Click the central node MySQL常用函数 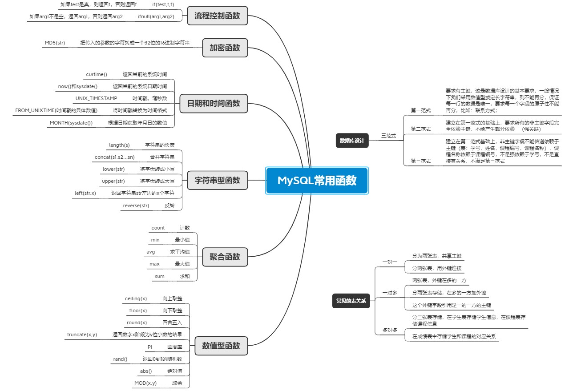317,181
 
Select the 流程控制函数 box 217,16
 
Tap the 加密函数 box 225,48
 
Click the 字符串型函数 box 217,180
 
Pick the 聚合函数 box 225,257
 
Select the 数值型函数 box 221,346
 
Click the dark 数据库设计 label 352,141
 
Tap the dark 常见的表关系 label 351,301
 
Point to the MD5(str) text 55,43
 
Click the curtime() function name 97,74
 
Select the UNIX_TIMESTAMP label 96,98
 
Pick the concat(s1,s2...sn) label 114,157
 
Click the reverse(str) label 136,206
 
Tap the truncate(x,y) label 82,335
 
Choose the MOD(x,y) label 145,383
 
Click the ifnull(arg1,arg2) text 156,16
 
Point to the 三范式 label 388,136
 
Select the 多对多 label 390,331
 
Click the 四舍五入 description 172,322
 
